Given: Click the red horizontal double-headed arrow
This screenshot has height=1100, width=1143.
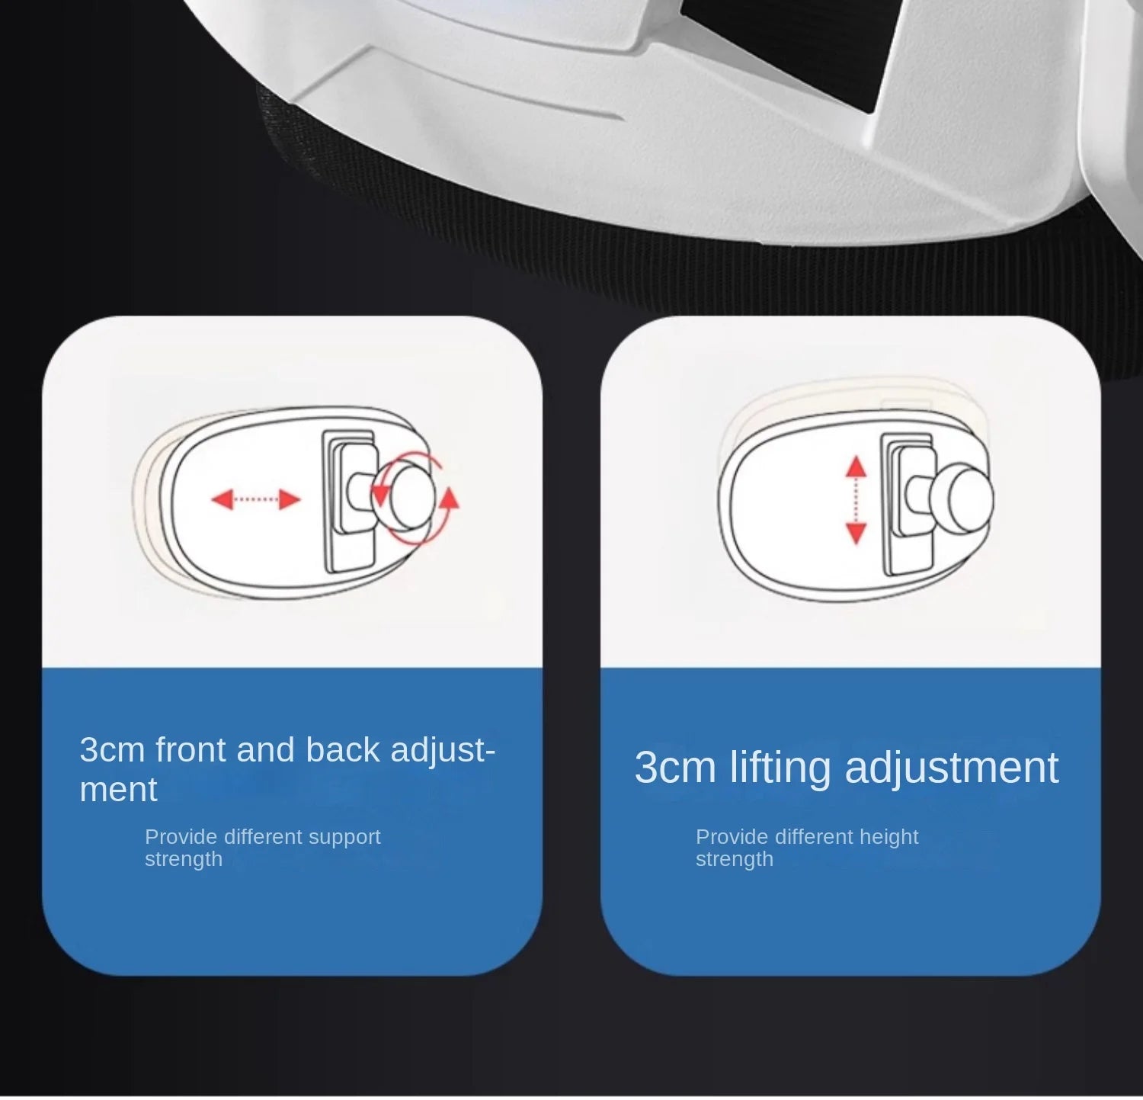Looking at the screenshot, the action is (x=255, y=500).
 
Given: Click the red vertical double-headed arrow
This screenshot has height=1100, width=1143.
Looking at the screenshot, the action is (x=856, y=500).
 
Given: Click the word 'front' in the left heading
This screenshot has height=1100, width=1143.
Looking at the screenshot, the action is (x=190, y=750).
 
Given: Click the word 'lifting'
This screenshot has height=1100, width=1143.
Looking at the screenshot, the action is (x=780, y=768).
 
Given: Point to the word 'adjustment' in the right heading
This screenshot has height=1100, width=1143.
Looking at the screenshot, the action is (x=952, y=768).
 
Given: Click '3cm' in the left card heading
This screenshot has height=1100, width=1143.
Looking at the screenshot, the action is (x=112, y=750).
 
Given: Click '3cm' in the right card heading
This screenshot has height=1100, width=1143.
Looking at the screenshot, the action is (x=675, y=768).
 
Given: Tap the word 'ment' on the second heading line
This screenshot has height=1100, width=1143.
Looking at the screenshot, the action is (x=118, y=790).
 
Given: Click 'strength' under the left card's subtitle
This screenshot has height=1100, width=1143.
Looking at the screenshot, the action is (x=184, y=859).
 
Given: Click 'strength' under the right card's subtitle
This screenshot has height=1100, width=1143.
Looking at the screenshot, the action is (x=735, y=859).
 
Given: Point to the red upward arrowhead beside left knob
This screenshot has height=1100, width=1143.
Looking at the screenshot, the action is (x=450, y=499).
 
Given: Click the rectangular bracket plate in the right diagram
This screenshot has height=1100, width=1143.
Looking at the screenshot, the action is (x=908, y=504).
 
